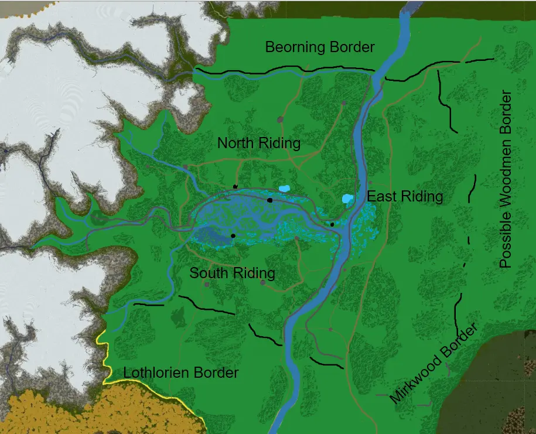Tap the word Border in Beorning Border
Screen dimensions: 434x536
pos(351,47)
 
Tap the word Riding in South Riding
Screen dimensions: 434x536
pos(254,273)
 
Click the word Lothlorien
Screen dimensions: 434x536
pos(155,373)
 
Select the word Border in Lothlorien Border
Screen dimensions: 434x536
pos(216,373)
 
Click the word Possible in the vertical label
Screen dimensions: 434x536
pos(506,240)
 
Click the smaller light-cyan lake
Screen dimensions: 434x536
pos(284,189)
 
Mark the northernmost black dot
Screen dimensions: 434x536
pos(235,186)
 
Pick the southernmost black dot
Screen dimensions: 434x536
pos(233,235)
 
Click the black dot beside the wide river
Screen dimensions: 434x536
pos(332,224)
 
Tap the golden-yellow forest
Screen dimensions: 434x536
pos(88,410)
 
